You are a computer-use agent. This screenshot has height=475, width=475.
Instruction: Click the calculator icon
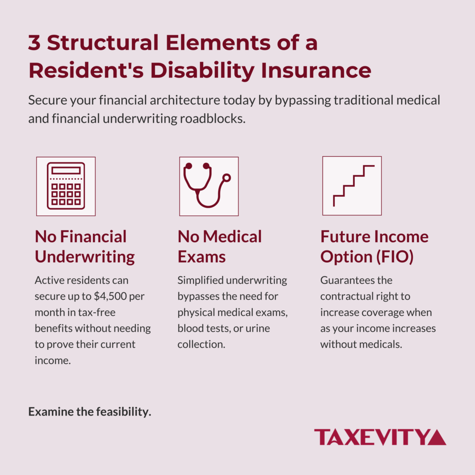(x=66, y=186)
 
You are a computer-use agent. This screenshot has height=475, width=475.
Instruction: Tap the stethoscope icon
(x=208, y=186)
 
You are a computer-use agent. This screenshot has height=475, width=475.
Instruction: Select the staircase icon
(x=352, y=186)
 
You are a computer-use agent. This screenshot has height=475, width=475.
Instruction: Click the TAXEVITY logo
(x=380, y=437)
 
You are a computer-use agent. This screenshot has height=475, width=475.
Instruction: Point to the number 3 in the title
(x=34, y=43)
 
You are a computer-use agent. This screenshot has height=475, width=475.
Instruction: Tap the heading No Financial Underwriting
(x=85, y=246)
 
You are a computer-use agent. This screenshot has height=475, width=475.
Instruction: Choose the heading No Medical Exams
(x=219, y=246)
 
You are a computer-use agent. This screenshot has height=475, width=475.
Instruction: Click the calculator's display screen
(x=66, y=170)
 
